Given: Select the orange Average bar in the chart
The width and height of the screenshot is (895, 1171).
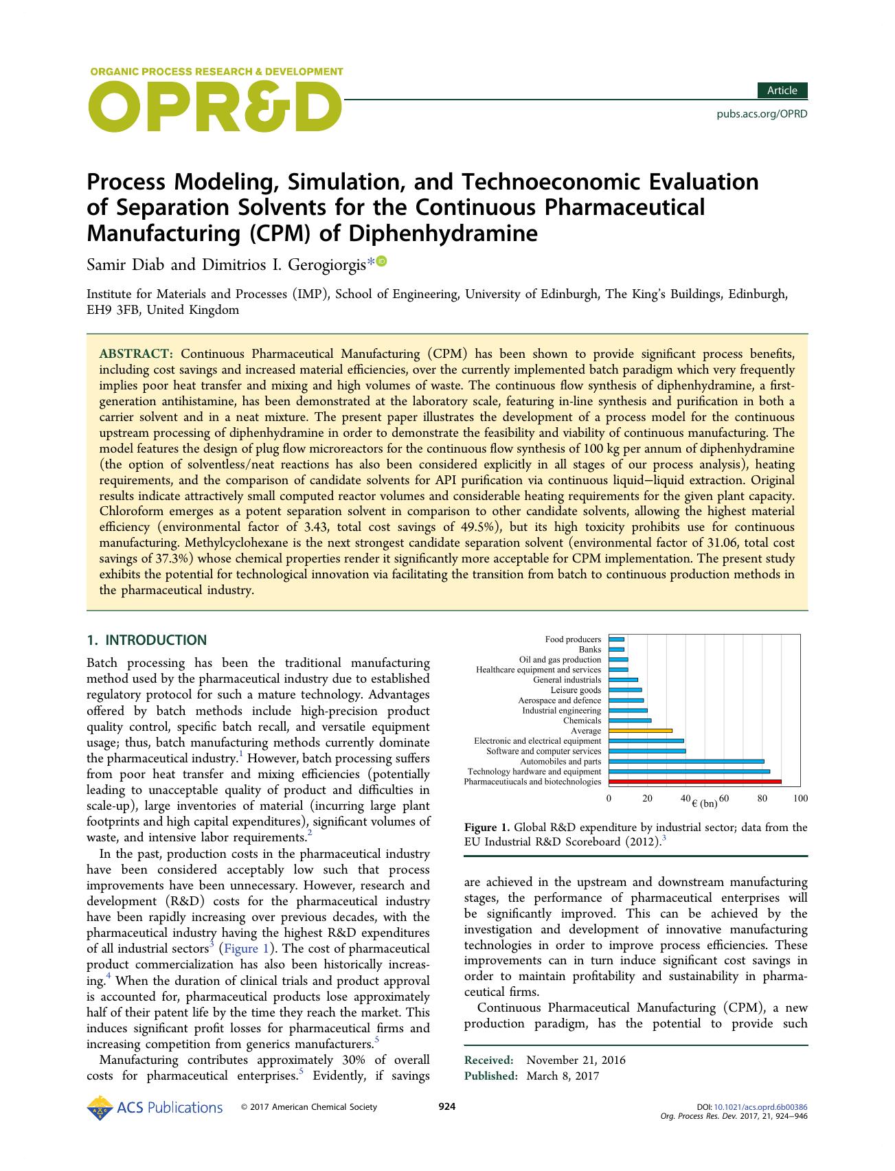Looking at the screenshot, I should [640, 731].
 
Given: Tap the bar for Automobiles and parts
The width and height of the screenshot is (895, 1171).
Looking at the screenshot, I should [686, 761].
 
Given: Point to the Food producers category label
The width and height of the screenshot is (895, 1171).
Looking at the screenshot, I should [573, 639].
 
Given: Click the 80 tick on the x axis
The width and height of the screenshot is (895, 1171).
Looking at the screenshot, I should [762, 799].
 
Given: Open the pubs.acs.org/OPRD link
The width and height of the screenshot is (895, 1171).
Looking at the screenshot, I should [762, 114].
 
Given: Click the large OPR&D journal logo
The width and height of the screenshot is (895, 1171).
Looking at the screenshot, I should [214, 107].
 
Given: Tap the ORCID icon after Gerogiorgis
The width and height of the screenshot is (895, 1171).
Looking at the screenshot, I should [382, 261].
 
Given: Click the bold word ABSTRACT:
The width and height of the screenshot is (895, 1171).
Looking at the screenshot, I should [136, 354].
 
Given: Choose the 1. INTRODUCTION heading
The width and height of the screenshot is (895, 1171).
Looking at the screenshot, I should [146, 640].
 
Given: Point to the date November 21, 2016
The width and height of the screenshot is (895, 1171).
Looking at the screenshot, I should [576, 1060].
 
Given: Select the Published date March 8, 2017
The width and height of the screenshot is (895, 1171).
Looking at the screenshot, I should [563, 1076].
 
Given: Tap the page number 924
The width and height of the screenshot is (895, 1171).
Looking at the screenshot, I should [447, 1106].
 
